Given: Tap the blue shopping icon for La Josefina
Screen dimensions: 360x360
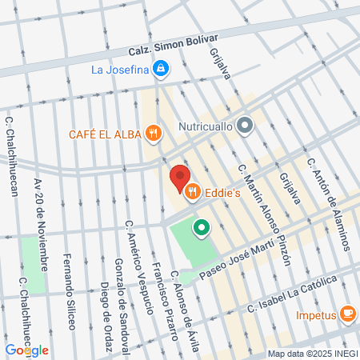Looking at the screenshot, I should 162,69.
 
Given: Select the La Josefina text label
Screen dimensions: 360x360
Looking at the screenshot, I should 121,70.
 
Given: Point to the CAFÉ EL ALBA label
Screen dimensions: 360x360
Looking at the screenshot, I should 106,134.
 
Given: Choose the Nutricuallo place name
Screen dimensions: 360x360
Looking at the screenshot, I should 202,125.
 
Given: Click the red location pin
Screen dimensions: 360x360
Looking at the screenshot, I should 179,178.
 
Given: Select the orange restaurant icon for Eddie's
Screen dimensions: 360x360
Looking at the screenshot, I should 192,192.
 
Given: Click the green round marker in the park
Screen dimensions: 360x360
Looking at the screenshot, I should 202,229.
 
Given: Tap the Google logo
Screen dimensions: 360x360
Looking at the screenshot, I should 26,350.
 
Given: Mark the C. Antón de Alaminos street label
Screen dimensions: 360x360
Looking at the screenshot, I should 329,203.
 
